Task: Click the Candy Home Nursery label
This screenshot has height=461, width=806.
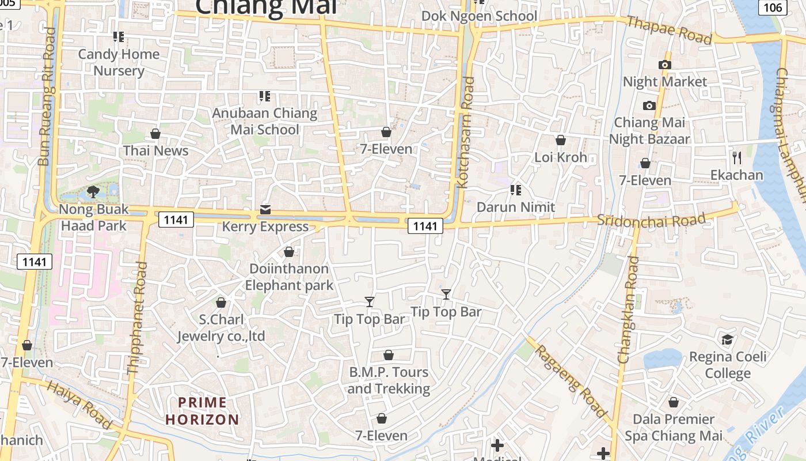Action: click(x=119, y=62)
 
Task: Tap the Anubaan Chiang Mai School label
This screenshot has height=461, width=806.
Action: click(x=265, y=121)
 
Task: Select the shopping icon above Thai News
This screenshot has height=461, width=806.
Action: click(x=155, y=134)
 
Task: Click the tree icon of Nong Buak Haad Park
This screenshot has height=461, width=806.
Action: click(x=92, y=191)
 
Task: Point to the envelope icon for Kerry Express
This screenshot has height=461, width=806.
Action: click(x=265, y=209)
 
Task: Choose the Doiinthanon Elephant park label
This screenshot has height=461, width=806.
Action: click(x=289, y=277)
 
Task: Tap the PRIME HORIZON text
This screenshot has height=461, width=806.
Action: click(x=202, y=411)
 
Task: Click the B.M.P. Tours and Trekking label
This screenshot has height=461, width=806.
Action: click(x=389, y=380)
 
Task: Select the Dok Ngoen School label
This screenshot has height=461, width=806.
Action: click(x=479, y=16)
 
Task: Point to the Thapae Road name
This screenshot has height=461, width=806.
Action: click(x=669, y=29)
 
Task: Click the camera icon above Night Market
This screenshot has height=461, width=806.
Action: click(x=665, y=65)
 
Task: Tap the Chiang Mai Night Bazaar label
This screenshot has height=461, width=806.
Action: click(x=649, y=131)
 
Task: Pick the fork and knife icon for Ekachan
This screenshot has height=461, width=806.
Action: click(x=737, y=157)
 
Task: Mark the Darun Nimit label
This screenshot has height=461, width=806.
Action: click(x=516, y=207)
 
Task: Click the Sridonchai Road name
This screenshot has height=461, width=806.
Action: click(x=651, y=220)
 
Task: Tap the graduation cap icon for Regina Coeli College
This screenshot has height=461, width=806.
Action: click(x=728, y=339)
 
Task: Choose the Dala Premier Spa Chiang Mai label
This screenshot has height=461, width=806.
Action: click(x=674, y=428)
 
